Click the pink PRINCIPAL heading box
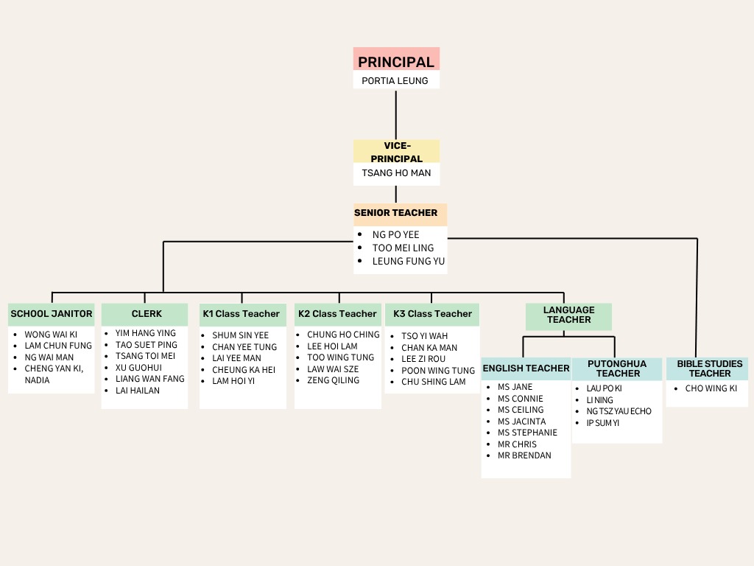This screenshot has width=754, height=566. [x=396, y=61]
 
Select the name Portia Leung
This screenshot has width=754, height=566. [x=395, y=80]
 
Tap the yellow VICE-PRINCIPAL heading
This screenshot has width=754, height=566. [x=396, y=152]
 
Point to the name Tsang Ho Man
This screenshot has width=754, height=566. [x=396, y=174]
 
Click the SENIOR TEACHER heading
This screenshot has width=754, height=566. [x=396, y=213]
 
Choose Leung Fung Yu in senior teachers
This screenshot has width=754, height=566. [x=408, y=261]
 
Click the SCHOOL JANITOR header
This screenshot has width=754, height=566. [x=52, y=314]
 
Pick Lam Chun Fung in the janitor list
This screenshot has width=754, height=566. [x=58, y=346]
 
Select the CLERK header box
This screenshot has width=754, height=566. [x=147, y=314]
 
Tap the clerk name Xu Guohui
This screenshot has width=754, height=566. [x=138, y=368]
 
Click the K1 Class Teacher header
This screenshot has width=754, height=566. [x=242, y=314]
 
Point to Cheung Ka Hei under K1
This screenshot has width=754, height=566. [x=244, y=370]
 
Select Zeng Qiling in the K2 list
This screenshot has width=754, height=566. [x=333, y=380]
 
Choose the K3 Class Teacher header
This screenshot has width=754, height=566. [x=432, y=314]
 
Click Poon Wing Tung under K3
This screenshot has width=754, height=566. [x=438, y=371]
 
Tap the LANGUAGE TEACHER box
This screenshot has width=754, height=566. [x=568, y=315]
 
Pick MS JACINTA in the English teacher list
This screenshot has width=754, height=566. [x=521, y=422]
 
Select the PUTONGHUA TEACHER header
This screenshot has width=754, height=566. [x=617, y=368]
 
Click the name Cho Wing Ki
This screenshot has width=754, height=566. [x=711, y=388]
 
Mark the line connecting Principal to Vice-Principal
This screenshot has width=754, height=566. [x=396, y=114]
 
